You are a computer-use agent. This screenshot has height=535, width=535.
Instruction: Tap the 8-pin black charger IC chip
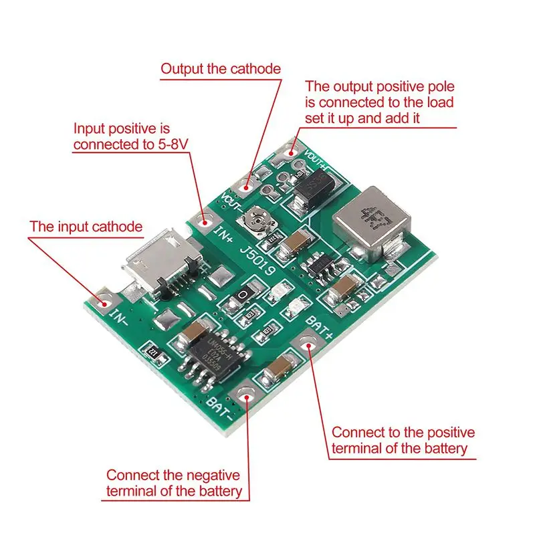215,355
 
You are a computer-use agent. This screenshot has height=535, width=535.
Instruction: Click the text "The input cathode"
86,227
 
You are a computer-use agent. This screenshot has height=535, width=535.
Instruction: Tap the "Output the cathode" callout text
221,69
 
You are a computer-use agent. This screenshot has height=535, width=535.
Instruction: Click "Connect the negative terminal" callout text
173,475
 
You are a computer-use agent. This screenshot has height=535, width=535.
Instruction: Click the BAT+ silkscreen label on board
319,325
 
